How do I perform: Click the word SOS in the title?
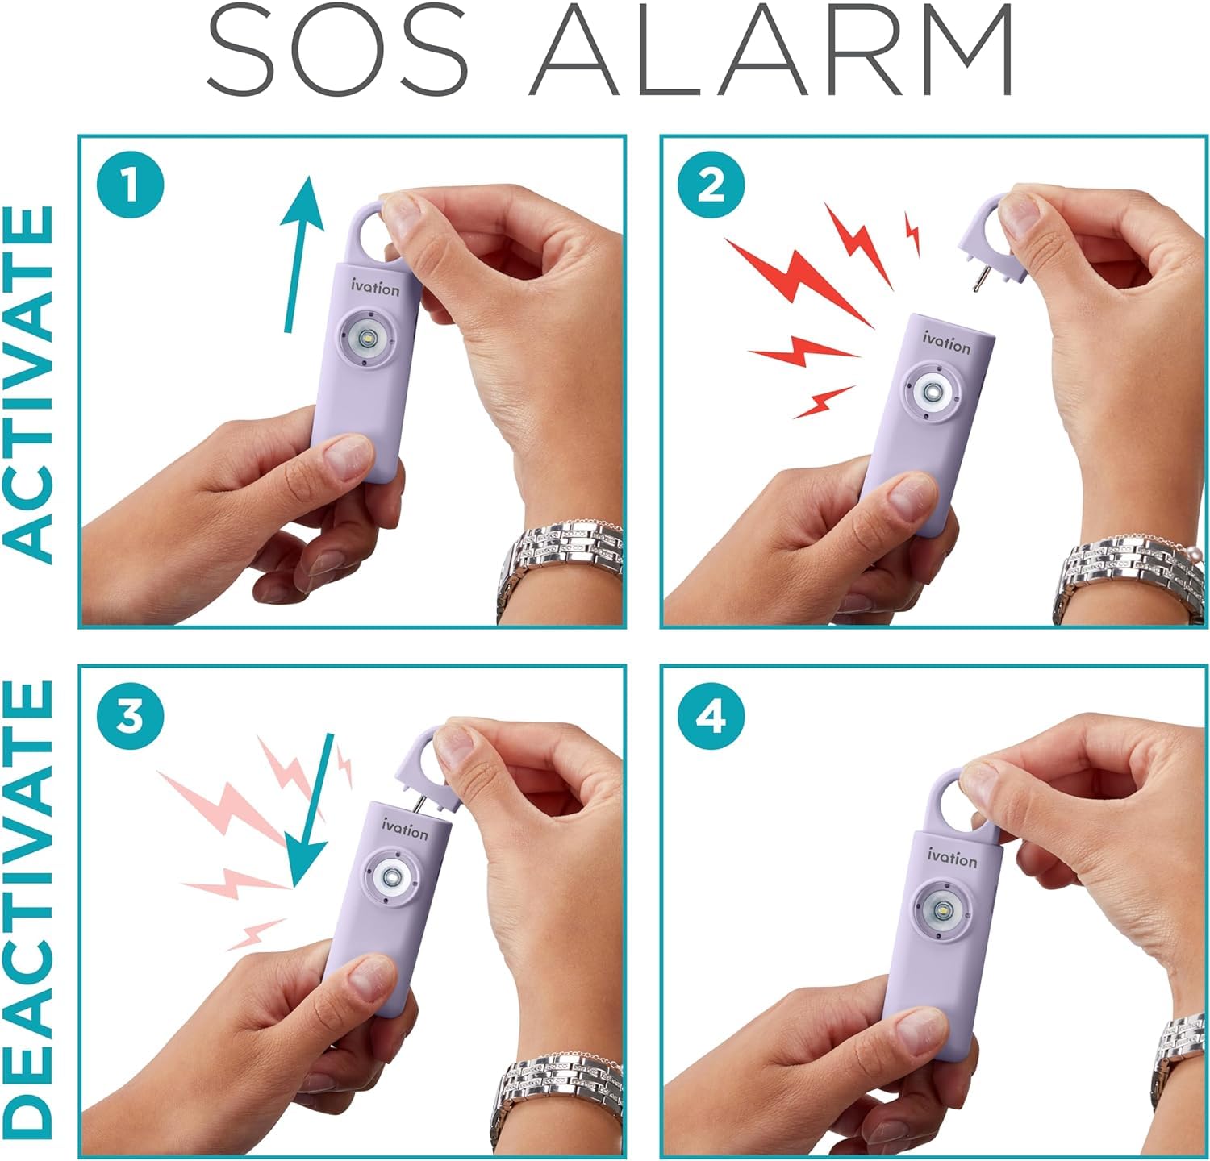coord(338,49)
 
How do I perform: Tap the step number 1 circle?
coord(130,187)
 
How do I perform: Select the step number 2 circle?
coord(711,187)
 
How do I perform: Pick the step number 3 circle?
coord(130,717)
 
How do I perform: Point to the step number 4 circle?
coord(711,717)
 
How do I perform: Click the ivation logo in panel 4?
coord(952,857)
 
